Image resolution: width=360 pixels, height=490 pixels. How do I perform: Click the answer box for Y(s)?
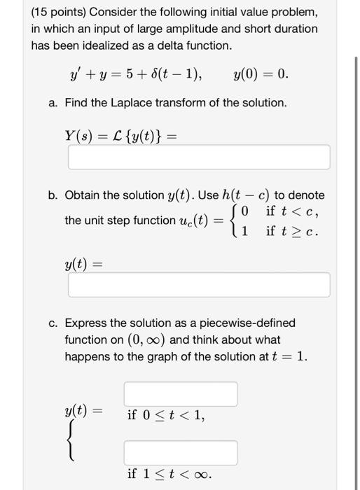point(198,157)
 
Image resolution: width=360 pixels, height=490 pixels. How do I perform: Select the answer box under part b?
point(198,284)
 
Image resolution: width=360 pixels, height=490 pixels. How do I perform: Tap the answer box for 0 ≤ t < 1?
point(181,393)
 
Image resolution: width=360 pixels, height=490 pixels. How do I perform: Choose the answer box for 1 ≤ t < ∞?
point(181,453)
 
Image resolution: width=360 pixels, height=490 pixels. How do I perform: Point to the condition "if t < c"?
point(293,211)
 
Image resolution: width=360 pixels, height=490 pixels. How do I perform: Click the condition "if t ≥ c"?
point(293,230)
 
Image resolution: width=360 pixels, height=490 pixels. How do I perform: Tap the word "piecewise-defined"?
point(246,323)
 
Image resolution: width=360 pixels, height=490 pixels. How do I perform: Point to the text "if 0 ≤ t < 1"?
point(166,415)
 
